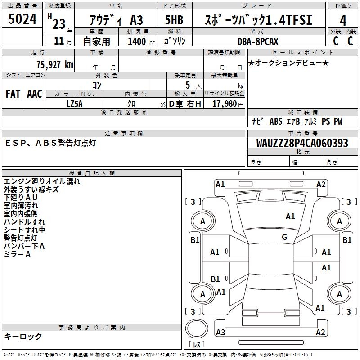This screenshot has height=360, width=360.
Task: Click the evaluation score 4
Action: [343, 20]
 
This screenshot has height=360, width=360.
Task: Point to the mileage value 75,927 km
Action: [54, 64]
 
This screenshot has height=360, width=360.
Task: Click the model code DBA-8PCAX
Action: [258, 41]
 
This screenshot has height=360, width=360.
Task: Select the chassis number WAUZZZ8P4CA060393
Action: [302, 143]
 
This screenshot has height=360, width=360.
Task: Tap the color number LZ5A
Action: [74, 103]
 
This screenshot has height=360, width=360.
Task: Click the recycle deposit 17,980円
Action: [225, 104]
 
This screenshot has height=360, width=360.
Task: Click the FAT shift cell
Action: [13, 94]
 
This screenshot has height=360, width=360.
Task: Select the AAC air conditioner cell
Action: [34, 94]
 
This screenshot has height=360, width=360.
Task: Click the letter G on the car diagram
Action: [284, 237]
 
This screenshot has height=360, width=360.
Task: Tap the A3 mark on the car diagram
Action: [220, 333]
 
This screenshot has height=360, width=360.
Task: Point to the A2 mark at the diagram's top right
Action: [321, 184]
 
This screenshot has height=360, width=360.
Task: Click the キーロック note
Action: [23, 337]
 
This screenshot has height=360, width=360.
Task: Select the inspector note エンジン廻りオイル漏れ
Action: [42, 181]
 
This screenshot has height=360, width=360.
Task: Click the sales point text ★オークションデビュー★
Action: [288, 63]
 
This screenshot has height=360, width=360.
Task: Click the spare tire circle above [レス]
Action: [197, 330]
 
